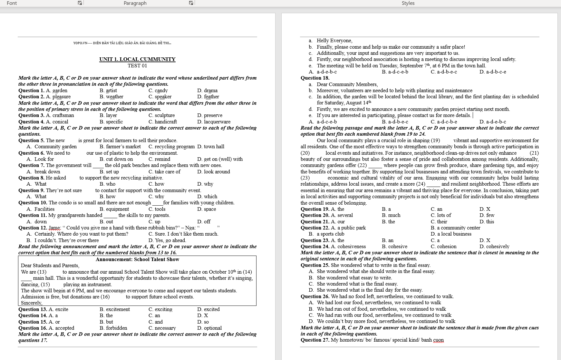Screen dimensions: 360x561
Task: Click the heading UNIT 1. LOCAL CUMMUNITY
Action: click(x=137, y=59)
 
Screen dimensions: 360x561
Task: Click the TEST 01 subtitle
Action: click(x=137, y=66)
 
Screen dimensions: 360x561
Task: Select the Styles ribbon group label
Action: click(x=408, y=3)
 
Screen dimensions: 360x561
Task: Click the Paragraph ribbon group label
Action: click(x=135, y=3)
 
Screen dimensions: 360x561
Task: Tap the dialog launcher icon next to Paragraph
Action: click(x=191, y=3)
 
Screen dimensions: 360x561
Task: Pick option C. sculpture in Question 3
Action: click(x=161, y=115)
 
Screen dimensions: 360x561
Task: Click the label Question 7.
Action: click(x=31, y=165)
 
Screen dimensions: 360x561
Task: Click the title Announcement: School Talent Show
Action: click(x=137, y=259)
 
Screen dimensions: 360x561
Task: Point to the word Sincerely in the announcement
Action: click(x=31, y=303)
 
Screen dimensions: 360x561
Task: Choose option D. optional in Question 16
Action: click(x=209, y=328)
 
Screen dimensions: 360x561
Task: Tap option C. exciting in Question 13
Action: click(x=160, y=309)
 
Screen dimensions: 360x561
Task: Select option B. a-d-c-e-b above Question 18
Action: click(x=395, y=72)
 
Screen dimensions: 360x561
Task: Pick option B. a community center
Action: click(x=455, y=228)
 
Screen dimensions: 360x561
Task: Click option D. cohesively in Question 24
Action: click(x=494, y=247)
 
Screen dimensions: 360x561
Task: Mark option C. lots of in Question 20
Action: click(x=441, y=215)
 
